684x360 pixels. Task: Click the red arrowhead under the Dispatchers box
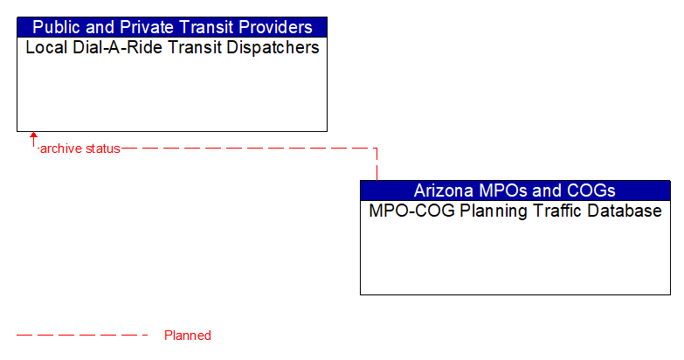[33, 136]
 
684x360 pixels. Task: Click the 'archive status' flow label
[79, 149]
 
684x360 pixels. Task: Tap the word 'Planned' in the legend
[188, 336]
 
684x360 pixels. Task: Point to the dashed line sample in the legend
[83, 336]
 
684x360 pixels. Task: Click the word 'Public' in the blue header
[55, 27]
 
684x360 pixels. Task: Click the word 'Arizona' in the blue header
[443, 190]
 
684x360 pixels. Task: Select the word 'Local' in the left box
[43, 48]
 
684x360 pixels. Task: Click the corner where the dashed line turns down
[377, 149]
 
